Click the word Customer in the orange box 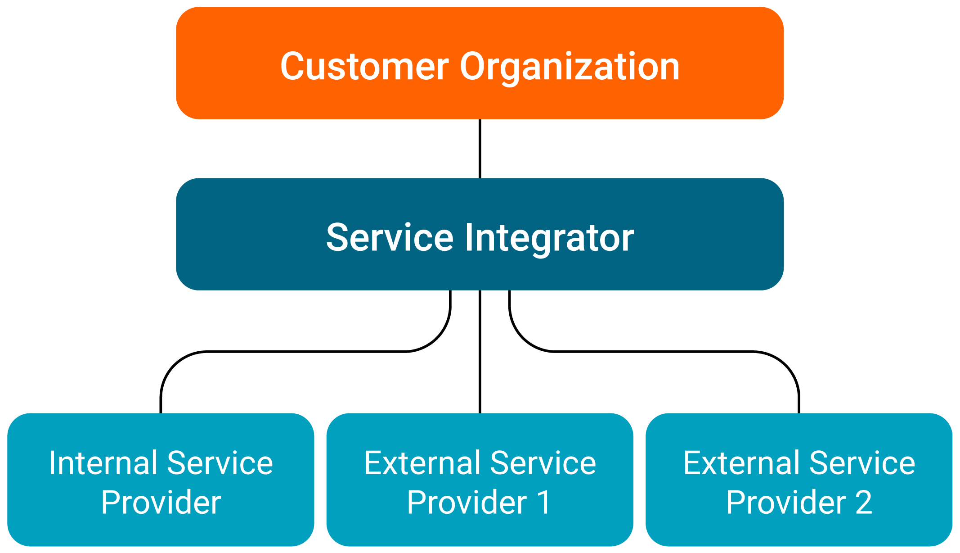coord(364,66)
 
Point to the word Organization coord(570,67)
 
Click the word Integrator coord(549,238)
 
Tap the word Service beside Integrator coord(390,237)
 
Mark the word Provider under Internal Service coord(161,503)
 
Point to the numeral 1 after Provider coord(545,502)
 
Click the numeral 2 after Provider coord(864,502)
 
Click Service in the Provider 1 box coord(543,463)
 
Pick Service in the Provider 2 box coord(862,463)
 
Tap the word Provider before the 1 coord(467,503)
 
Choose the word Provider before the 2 coord(786,503)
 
